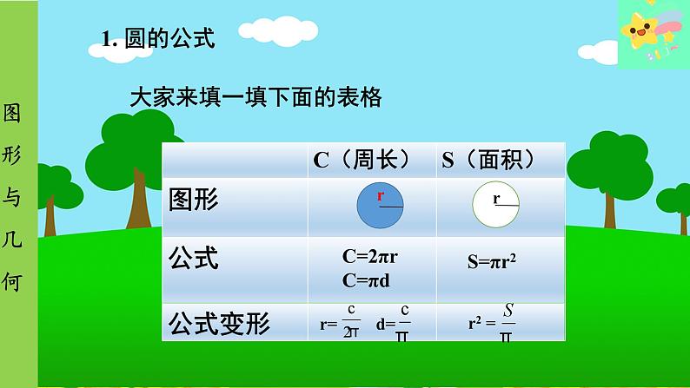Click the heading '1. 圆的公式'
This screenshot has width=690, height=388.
(158, 39)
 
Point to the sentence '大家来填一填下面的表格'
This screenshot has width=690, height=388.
(255, 97)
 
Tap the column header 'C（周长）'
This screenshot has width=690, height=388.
(362, 160)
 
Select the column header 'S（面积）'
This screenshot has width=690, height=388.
(489, 160)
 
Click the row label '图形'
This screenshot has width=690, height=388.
(193, 200)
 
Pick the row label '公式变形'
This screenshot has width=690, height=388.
(219, 324)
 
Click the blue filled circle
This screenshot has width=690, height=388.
(381, 205)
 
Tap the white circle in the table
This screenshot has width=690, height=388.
(496, 204)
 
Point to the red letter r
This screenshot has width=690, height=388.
(381, 195)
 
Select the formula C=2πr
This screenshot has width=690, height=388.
(369, 257)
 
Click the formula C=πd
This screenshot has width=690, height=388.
(366, 280)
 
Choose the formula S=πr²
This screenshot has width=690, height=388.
(492, 261)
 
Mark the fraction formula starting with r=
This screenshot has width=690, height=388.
(340, 322)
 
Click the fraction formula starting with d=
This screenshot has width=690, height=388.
(393, 323)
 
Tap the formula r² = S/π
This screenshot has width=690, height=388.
(492, 323)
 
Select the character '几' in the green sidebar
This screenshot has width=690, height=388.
(11, 240)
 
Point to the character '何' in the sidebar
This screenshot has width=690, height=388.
(11, 282)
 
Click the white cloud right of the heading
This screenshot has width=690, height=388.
(278, 30)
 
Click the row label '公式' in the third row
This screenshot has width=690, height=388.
(193, 258)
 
